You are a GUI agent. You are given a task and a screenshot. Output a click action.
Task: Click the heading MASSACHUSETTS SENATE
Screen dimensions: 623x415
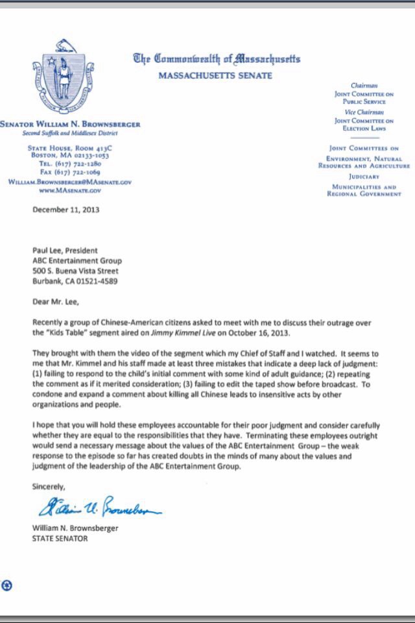point(215,76)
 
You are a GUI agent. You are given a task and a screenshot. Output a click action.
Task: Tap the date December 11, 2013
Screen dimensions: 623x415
point(66,210)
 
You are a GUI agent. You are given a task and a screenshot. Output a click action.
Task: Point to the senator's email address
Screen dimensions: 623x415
point(70,183)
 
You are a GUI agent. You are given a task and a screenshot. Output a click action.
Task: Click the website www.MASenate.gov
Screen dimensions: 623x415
point(69,191)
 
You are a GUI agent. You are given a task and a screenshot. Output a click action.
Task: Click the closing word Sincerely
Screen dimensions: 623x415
point(49,485)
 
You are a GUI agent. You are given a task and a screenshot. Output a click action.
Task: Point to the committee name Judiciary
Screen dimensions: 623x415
point(368,177)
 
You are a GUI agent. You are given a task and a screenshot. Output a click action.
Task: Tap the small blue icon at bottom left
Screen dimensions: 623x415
point(7,586)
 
